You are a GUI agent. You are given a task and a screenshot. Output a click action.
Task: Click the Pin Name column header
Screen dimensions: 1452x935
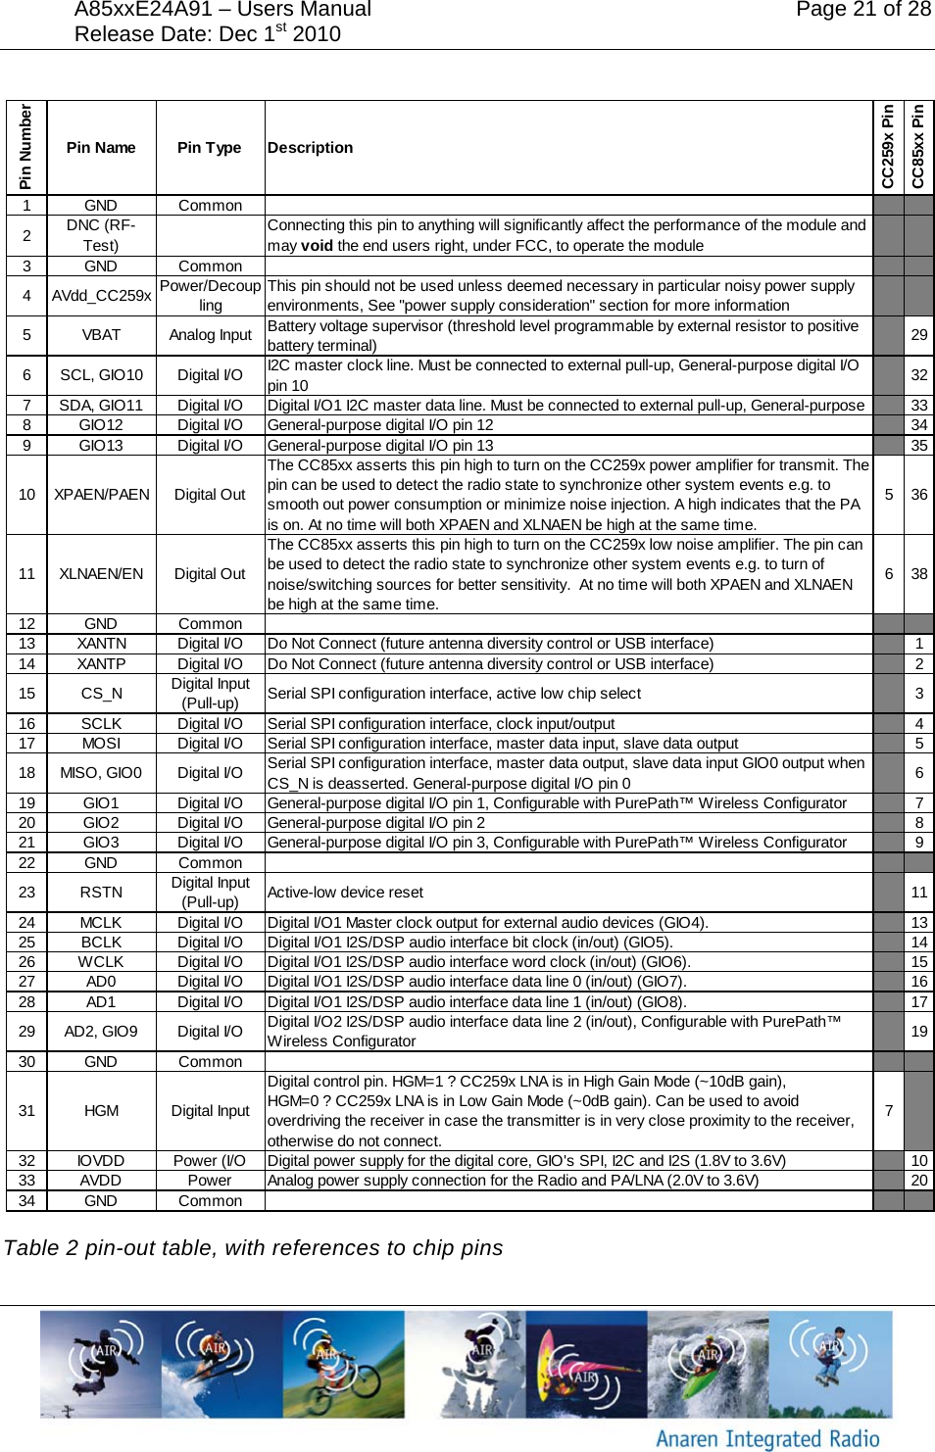pos(101,148)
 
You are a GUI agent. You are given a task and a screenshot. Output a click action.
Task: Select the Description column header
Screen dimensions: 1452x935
pos(310,148)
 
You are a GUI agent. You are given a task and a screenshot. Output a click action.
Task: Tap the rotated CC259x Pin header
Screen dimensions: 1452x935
pos(888,147)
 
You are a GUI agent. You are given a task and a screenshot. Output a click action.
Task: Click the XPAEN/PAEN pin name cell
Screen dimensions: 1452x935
pos(101,495)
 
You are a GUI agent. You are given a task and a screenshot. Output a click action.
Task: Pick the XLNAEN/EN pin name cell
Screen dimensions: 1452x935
pos(101,574)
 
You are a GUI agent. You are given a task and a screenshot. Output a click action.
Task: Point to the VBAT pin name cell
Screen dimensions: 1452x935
pos(101,335)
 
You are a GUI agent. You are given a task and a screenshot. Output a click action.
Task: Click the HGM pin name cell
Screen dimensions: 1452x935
pos(101,1111)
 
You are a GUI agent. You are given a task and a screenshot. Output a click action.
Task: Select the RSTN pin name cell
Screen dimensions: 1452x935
pos(101,893)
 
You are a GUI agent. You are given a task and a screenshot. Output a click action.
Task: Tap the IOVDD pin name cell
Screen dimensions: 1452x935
pos(101,1161)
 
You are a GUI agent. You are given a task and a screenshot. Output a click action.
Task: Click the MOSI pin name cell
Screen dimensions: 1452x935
pos(101,744)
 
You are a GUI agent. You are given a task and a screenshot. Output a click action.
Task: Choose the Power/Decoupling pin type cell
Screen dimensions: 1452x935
pos(210,296)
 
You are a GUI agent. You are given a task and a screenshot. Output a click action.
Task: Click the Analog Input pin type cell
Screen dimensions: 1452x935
pos(210,335)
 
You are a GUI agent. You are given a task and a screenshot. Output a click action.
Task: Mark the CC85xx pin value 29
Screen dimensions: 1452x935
pos(918,335)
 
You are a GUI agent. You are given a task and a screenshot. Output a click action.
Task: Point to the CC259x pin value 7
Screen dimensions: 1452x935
pos(888,1111)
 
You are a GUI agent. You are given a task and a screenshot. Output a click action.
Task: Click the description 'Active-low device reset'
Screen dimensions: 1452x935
pos(345,893)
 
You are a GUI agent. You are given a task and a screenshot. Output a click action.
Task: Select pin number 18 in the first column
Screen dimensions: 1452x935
pos(26,773)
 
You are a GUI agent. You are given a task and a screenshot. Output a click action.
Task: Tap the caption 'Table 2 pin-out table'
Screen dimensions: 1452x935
pos(253,1248)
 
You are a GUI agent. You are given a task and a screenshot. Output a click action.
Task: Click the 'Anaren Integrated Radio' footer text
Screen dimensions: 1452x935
pos(767,1438)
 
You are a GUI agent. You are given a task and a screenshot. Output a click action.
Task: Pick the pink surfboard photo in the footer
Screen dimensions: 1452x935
pos(585,1365)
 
